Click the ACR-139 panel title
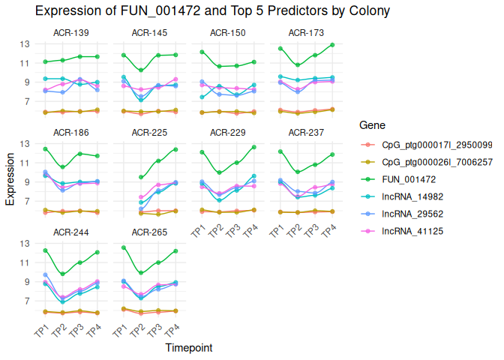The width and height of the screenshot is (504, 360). point(72,32)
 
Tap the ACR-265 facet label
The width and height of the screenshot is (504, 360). point(150,232)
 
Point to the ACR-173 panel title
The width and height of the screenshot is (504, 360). point(306,32)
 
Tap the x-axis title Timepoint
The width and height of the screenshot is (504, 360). point(188,348)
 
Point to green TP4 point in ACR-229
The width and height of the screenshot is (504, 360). point(253,147)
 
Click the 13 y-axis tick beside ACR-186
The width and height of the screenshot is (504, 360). point(25,143)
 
